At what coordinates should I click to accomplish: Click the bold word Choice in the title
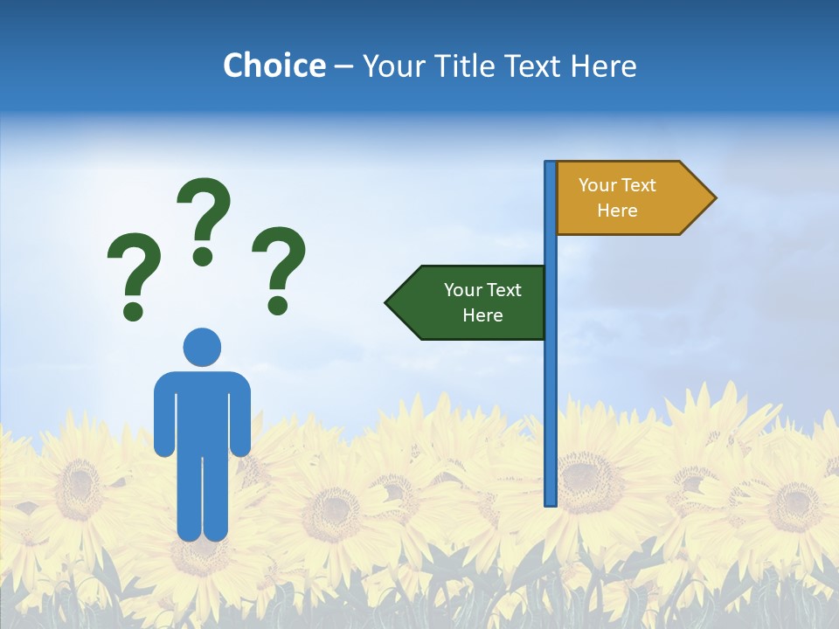coord(274,66)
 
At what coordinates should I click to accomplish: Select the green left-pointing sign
coord(472,302)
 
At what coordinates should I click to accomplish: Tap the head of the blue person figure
coord(202,347)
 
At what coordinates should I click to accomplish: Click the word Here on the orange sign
coord(617,211)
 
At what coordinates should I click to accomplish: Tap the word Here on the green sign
coord(482,315)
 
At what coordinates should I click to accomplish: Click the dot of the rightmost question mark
coord(278,305)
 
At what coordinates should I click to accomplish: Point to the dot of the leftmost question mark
coord(133,309)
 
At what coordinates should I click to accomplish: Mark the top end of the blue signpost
coord(551,164)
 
